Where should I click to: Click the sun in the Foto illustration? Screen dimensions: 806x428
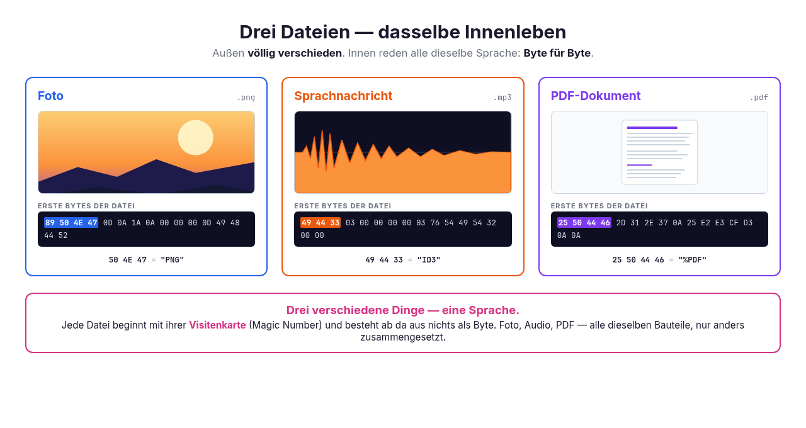tap(195, 137)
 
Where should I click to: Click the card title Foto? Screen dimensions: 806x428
tap(50, 96)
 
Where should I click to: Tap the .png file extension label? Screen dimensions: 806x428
tap(246, 98)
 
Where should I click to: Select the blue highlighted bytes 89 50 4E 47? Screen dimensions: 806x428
tap(71, 223)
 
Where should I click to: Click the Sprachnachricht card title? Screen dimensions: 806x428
tap(343, 96)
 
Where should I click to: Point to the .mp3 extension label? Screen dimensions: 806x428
tap(502, 98)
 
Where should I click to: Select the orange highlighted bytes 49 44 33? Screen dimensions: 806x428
tap(321, 223)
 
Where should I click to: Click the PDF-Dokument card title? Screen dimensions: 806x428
tap(596, 96)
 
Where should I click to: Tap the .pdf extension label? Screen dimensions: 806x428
tap(759, 98)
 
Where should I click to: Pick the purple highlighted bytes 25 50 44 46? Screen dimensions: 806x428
tap(584, 223)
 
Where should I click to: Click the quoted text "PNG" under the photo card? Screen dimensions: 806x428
tap(173, 260)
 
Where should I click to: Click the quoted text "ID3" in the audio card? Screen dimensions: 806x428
tap(429, 260)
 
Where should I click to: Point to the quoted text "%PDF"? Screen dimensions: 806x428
tap(692, 260)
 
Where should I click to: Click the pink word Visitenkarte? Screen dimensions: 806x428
tap(217, 325)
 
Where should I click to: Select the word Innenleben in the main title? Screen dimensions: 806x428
tap(515, 32)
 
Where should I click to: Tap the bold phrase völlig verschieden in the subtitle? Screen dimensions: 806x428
tap(295, 53)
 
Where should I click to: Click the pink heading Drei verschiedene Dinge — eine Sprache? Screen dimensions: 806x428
tap(402, 310)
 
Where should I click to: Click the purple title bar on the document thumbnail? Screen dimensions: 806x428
tap(652, 128)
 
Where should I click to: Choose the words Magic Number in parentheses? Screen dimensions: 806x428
tap(285, 325)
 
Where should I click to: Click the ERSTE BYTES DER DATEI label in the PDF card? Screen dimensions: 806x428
tap(599, 206)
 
